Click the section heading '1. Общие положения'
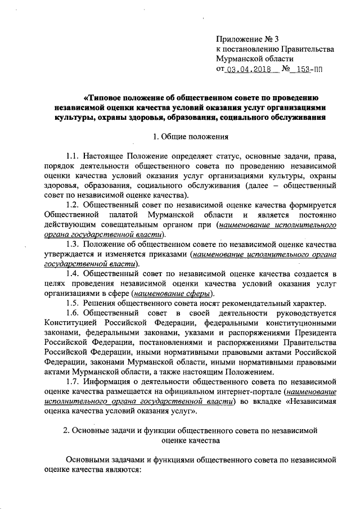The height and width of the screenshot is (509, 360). pyautogui.click(x=191, y=136)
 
